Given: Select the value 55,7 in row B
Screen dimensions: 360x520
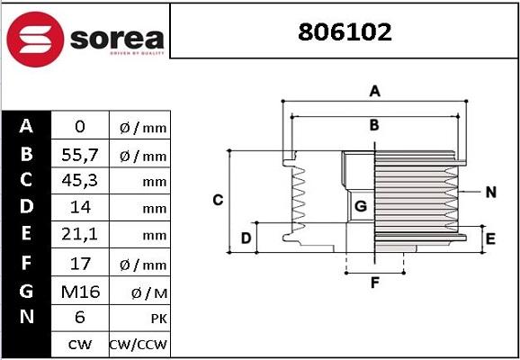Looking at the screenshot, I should pyautogui.click(x=78, y=156).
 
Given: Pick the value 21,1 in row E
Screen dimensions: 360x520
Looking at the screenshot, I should pyautogui.click(x=78, y=237).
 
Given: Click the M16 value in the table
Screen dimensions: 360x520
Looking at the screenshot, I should pyautogui.click(x=78, y=292).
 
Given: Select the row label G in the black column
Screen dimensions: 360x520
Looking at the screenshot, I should pyautogui.click(x=26, y=291).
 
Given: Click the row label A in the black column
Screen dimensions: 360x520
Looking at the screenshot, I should pyautogui.click(x=26, y=127).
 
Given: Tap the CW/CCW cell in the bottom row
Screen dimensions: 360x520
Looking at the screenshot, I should pyautogui.click(x=139, y=345).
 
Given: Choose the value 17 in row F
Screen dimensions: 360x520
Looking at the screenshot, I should pyautogui.click(x=78, y=265).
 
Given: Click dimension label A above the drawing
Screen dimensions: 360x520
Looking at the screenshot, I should pyautogui.click(x=375, y=91).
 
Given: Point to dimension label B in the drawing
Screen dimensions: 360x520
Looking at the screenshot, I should pyautogui.click(x=374, y=125).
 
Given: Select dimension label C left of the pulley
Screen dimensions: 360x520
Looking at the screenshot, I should pyautogui.click(x=218, y=200).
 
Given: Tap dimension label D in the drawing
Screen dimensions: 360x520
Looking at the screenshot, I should pyautogui.click(x=245, y=238).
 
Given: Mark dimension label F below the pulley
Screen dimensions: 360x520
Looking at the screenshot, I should pyautogui.click(x=375, y=283).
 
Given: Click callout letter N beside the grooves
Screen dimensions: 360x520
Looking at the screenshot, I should pyautogui.click(x=490, y=192).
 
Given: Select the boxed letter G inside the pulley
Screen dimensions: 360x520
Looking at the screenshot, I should pyautogui.click(x=360, y=207).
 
